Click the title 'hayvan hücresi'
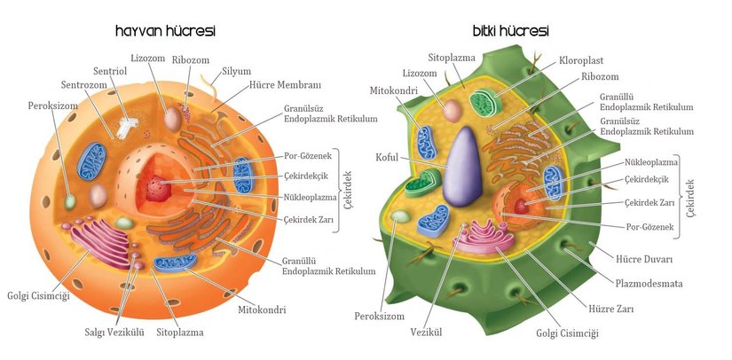(165, 32)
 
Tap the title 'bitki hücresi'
(510, 31)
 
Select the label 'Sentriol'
(113, 71)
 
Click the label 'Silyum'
(237, 71)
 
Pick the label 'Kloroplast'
(582, 61)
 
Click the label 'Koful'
(388, 159)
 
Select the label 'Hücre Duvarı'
(644, 260)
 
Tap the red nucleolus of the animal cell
(158, 187)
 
